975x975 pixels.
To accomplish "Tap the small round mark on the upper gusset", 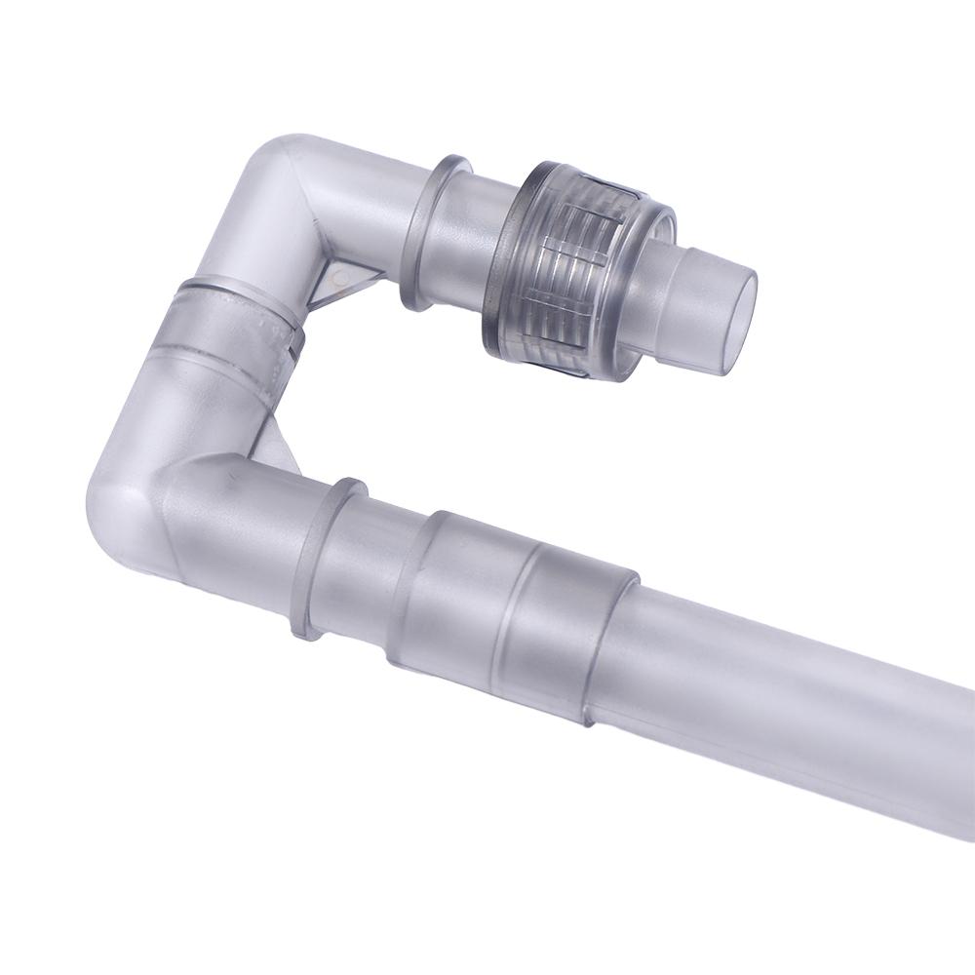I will pos(337,280).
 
